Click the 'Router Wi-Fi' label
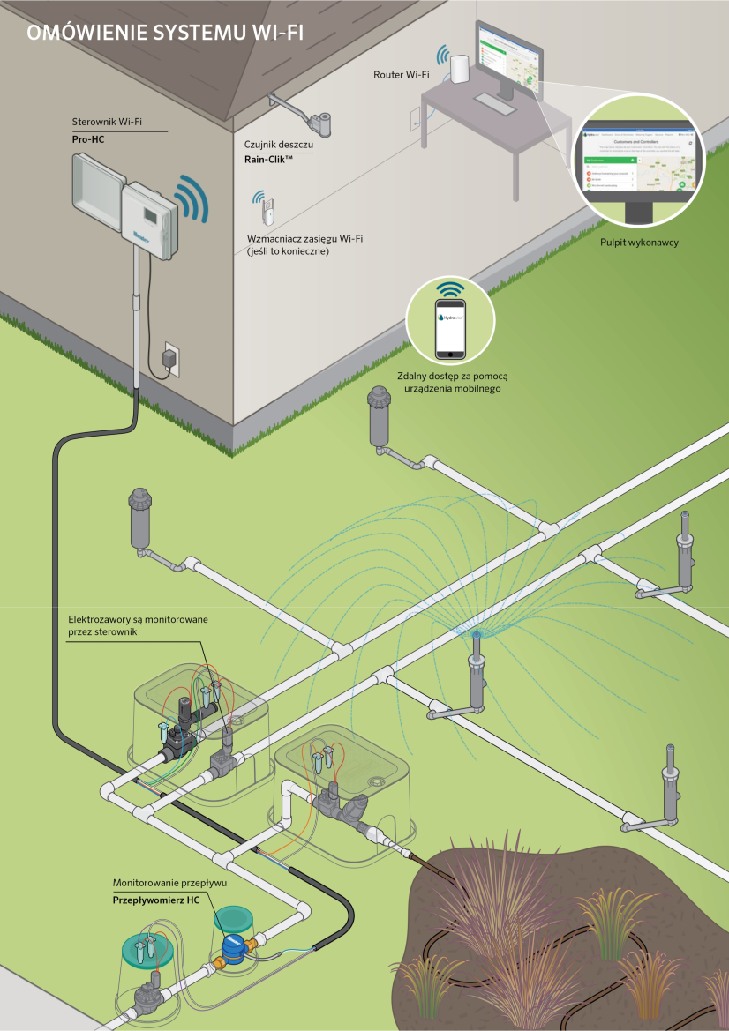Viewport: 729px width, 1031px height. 402,75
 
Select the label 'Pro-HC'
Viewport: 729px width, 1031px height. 88,139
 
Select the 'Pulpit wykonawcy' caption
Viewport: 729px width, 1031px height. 638,242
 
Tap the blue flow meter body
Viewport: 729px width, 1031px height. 234,949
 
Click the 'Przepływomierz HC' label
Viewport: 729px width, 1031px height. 155,900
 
